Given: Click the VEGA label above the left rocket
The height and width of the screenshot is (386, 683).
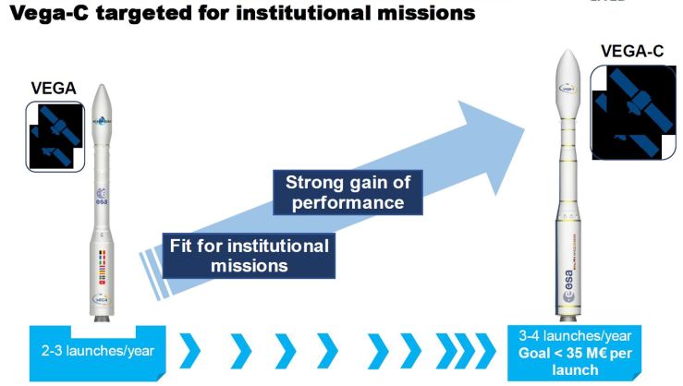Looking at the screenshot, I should pyautogui.click(x=58, y=90).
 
